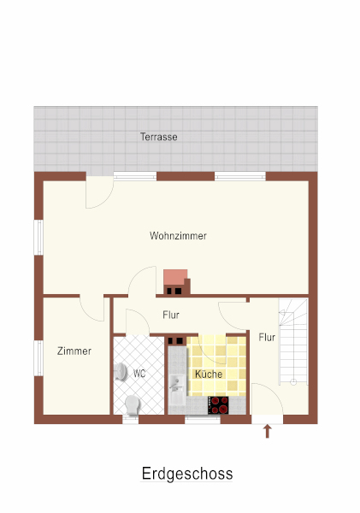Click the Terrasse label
point(159,137)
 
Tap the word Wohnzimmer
point(178,236)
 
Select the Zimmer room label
point(74,351)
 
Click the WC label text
point(139,374)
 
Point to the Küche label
point(209,374)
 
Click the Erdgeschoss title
point(187,474)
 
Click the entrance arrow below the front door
point(268,431)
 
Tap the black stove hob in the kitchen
point(219,405)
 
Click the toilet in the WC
point(133,405)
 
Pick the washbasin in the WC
point(121,372)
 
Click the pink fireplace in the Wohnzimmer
point(177,281)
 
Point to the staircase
point(293,341)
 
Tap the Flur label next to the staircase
point(267,338)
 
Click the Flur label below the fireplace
point(171,315)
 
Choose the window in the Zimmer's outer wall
point(38,358)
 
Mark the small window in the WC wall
point(131,420)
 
